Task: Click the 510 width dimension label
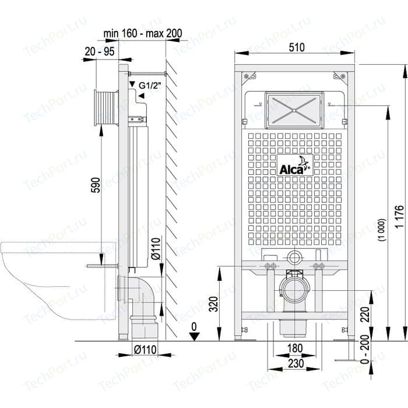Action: coord(296,47)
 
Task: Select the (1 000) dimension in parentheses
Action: coord(382,230)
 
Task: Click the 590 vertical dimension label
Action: coord(96,185)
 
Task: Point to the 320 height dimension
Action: coord(214,304)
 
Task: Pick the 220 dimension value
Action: coord(365,314)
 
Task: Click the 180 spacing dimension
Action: coord(296,348)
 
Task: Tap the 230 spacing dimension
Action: coord(296,363)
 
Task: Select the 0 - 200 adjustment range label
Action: coord(365,349)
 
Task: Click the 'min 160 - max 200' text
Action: coord(143,33)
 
